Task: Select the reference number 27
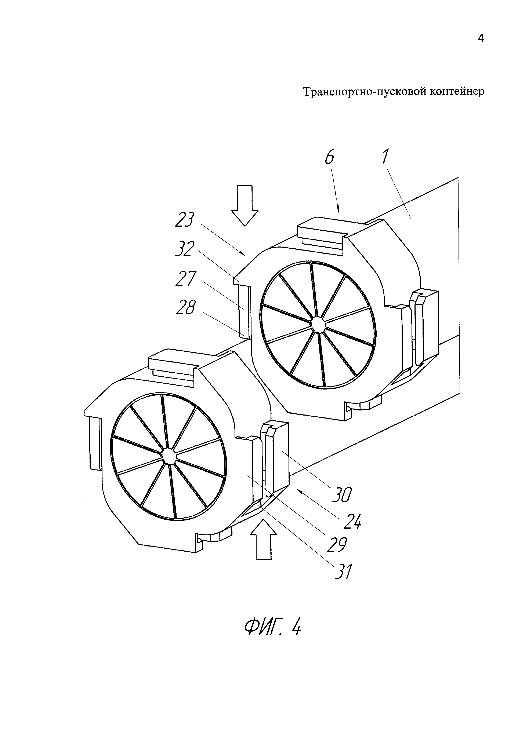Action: tap(186, 279)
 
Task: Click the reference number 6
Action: tap(329, 158)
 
